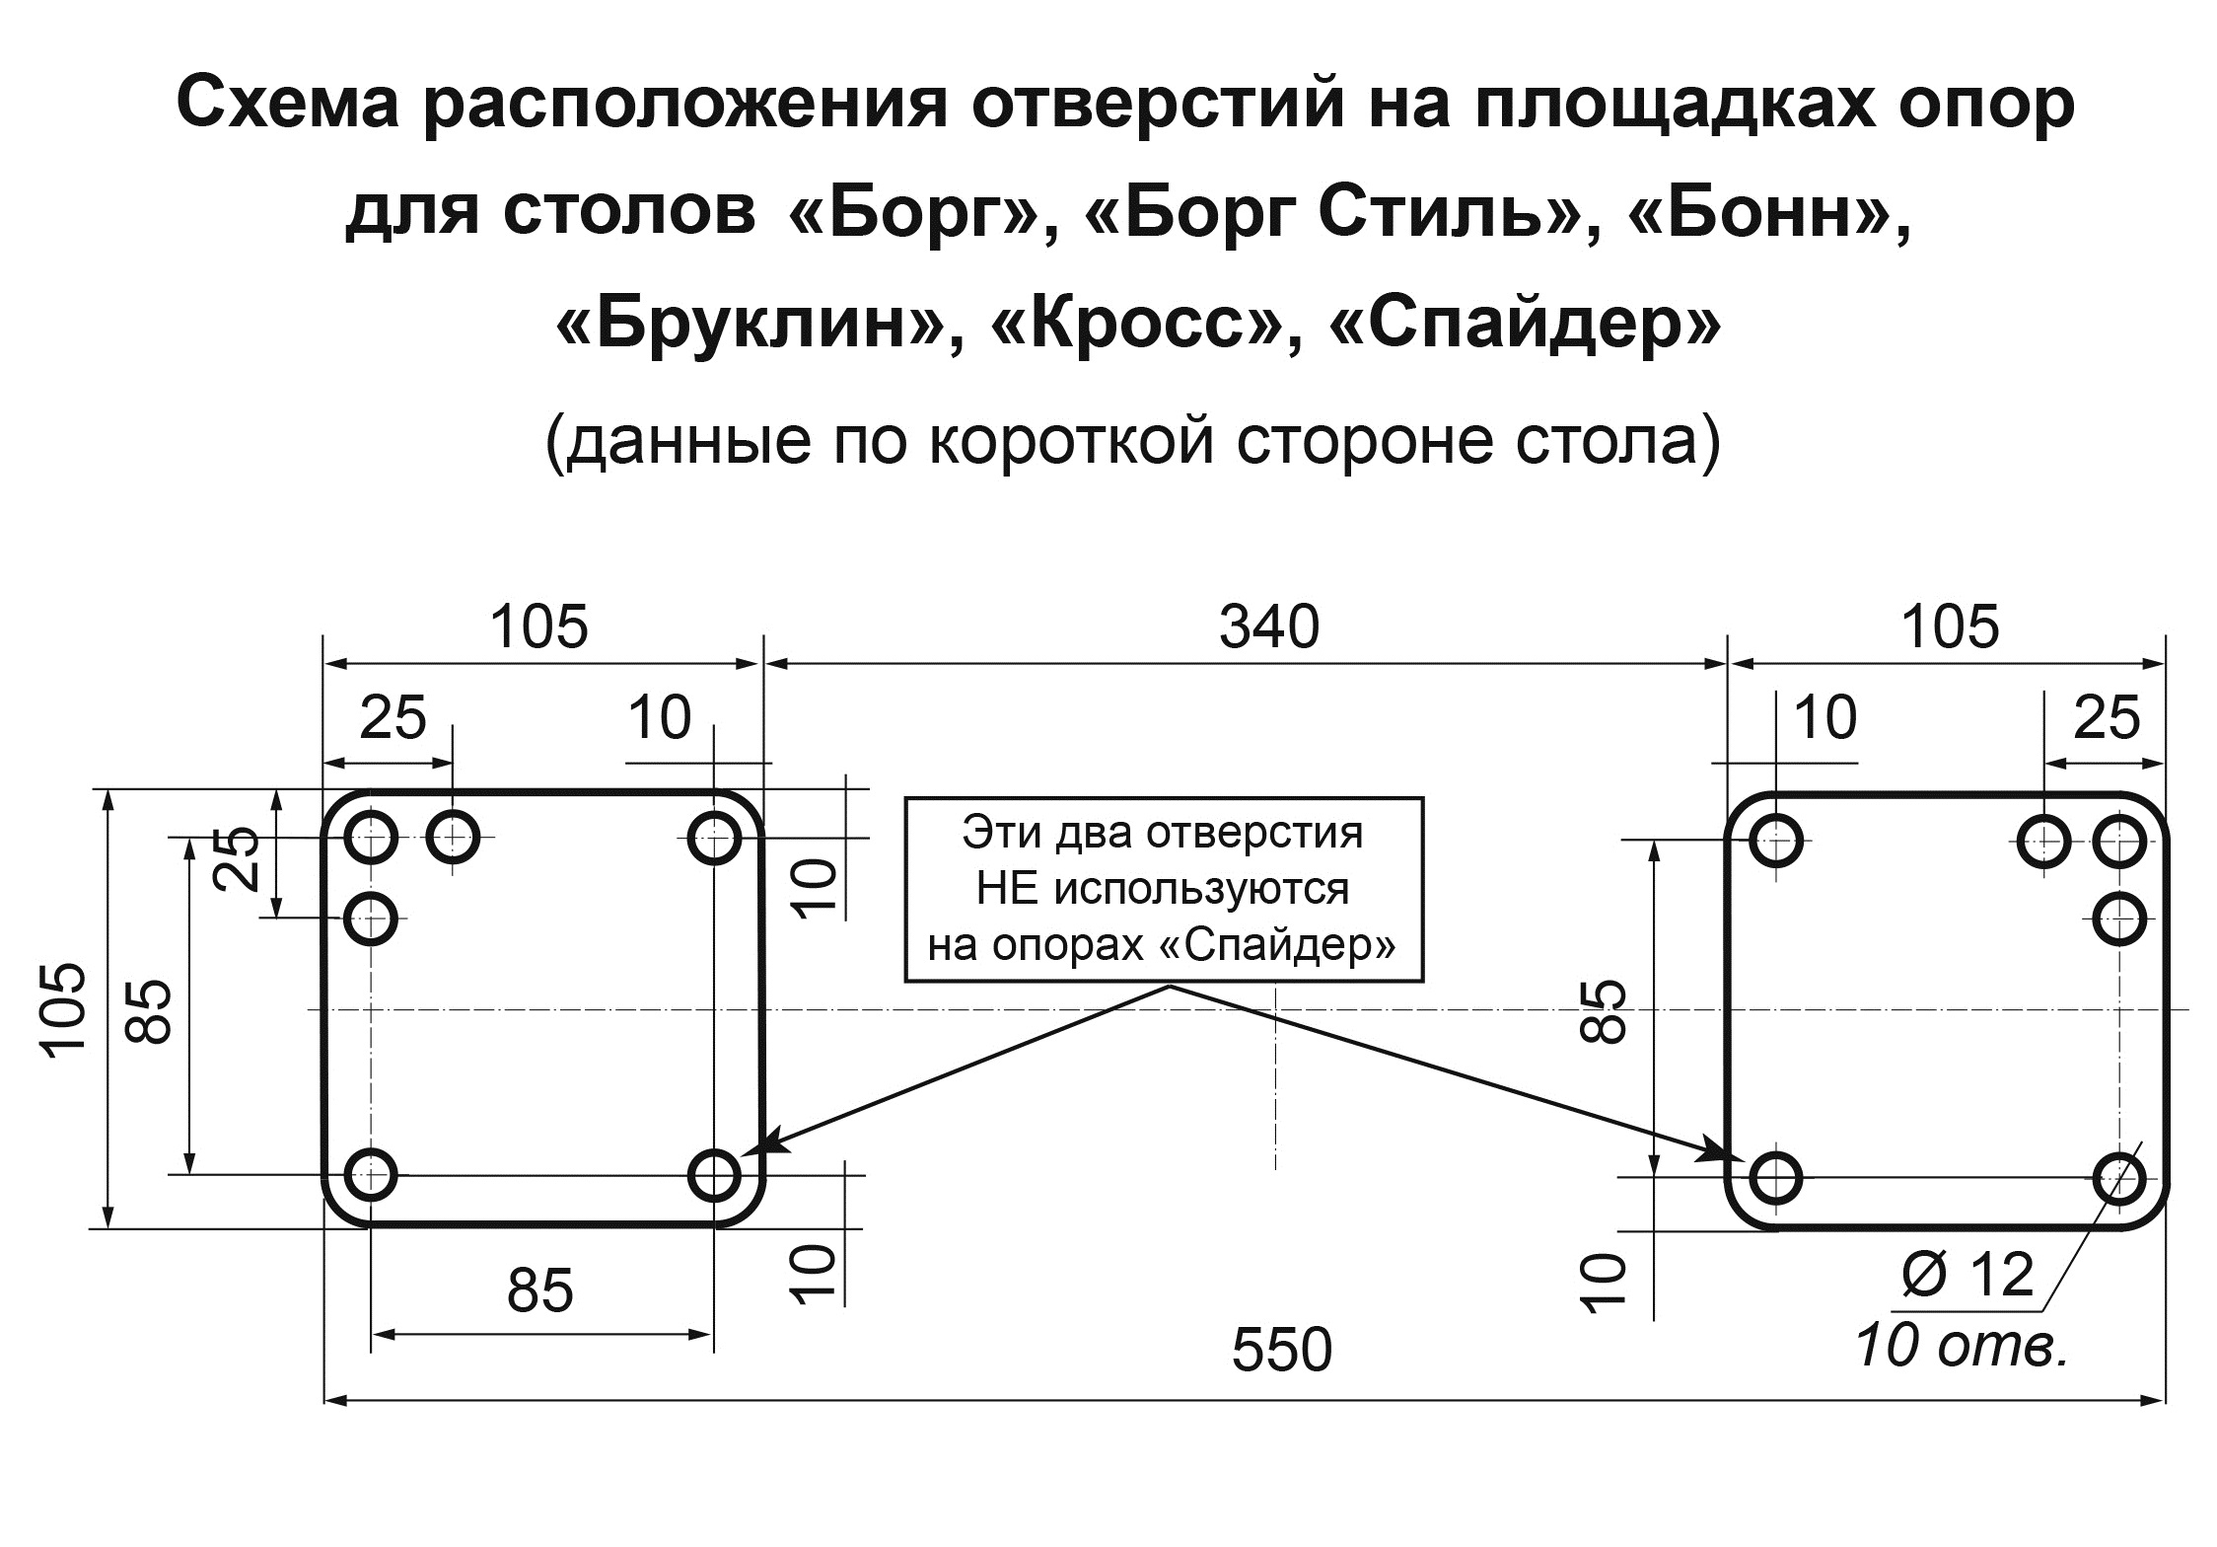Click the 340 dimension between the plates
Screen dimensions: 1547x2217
coord(1269,627)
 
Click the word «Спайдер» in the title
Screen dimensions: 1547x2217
coord(1526,326)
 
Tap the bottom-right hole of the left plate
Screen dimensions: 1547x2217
coord(714,1175)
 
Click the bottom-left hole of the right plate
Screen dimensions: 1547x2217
coord(1776,1177)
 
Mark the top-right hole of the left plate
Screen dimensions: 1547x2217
coord(714,839)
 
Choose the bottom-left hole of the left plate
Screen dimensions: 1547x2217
coord(371,1175)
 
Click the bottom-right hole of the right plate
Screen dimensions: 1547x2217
coord(2118,1177)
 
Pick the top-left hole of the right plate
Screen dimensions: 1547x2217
coord(1776,842)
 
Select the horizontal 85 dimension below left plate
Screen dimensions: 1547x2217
coord(540,1289)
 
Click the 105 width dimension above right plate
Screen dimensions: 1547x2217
coord(1950,627)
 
